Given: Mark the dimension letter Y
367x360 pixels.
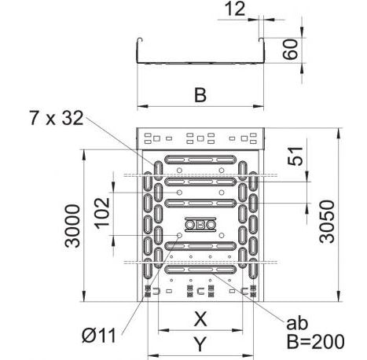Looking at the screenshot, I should tap(201, 343).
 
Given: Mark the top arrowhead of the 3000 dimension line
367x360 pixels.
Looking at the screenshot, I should tap(83, 149).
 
